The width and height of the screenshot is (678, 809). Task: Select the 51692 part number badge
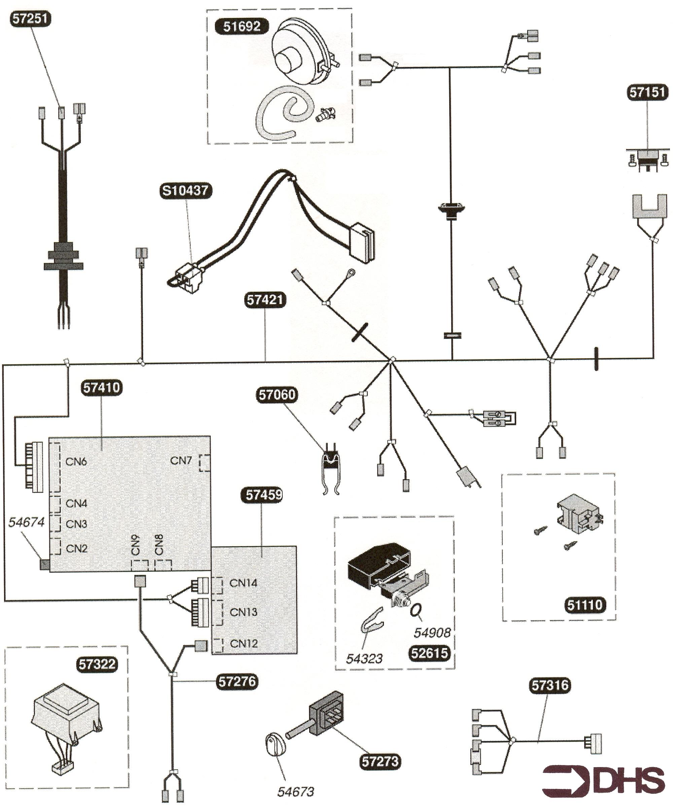(x=242, y=27)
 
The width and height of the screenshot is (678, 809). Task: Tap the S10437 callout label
(x=185, y=191)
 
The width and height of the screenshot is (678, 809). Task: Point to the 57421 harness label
(x=265, y=300)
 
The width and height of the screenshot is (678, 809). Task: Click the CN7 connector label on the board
(x=181, y=461)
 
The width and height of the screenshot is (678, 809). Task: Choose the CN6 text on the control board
(x=76, y=461)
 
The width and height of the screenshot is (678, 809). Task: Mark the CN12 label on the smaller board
(x=244, y=644)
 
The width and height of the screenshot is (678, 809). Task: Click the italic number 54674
(x=26, y=522)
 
